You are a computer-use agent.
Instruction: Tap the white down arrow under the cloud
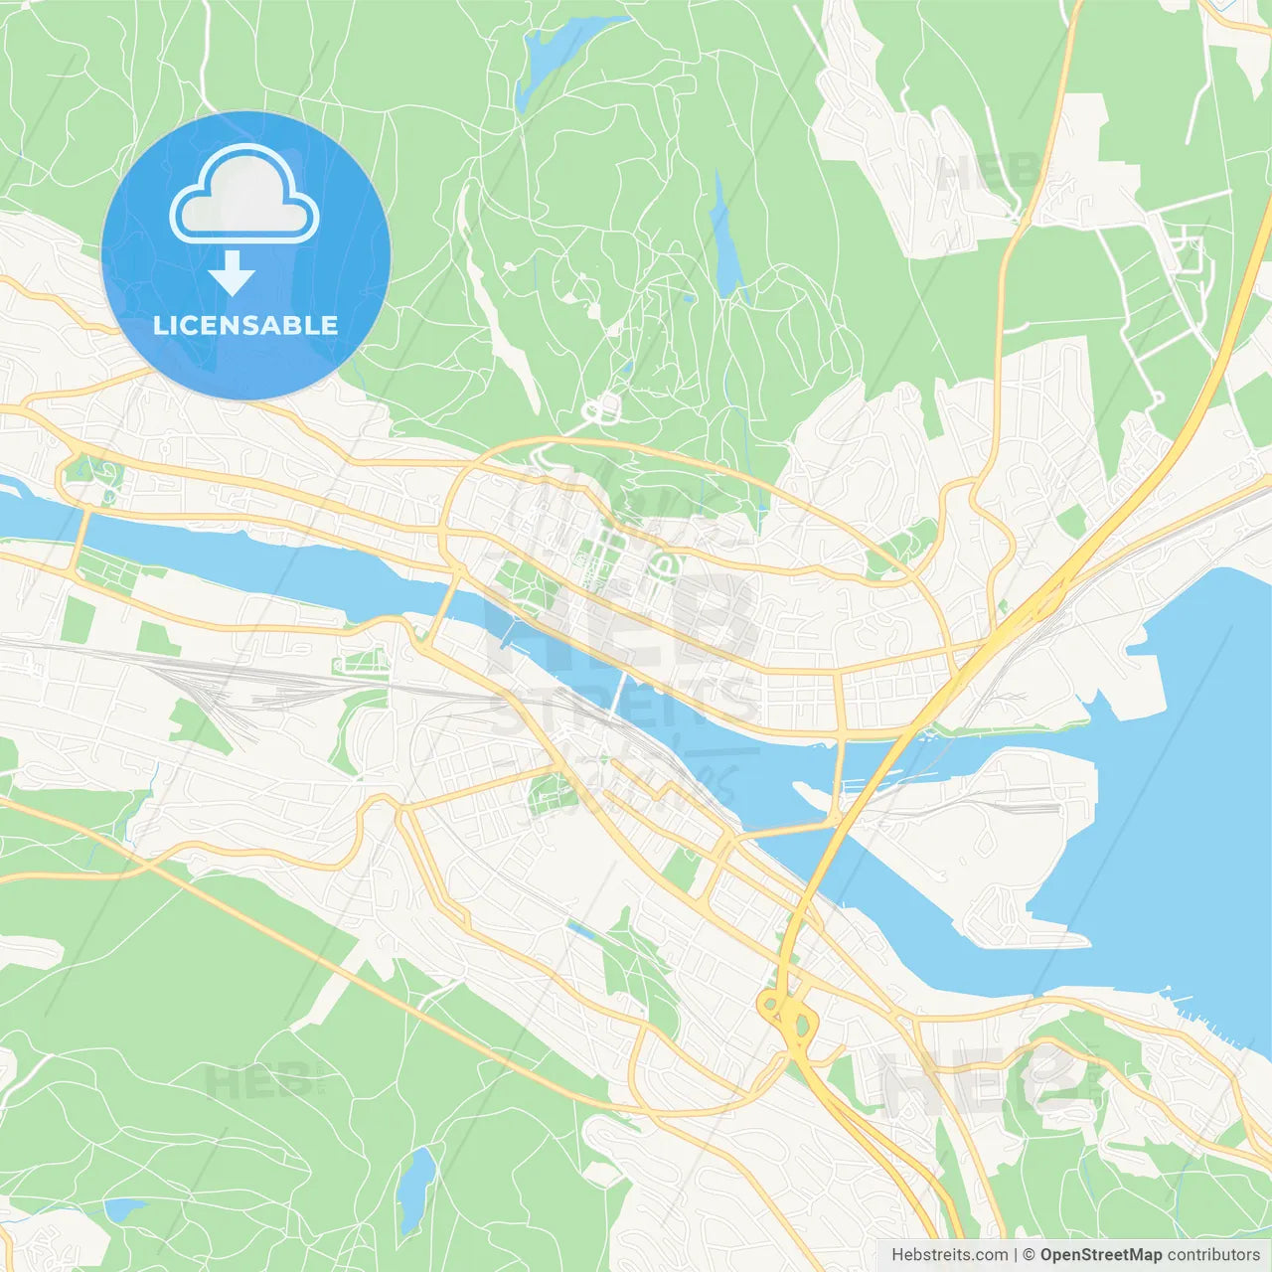232,273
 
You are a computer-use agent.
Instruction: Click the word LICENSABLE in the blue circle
245,325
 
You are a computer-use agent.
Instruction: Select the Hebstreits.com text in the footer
949,1255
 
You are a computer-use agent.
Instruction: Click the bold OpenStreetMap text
1100,1255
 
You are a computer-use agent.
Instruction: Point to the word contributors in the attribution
1213,1255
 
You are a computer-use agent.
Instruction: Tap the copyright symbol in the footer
1029,1255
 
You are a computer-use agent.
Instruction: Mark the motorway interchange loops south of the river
785,1014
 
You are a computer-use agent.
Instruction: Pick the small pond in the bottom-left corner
124,1209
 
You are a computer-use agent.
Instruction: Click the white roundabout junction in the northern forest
602,408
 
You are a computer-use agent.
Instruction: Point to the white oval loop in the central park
664,567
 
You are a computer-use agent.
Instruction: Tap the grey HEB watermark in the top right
984,174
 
